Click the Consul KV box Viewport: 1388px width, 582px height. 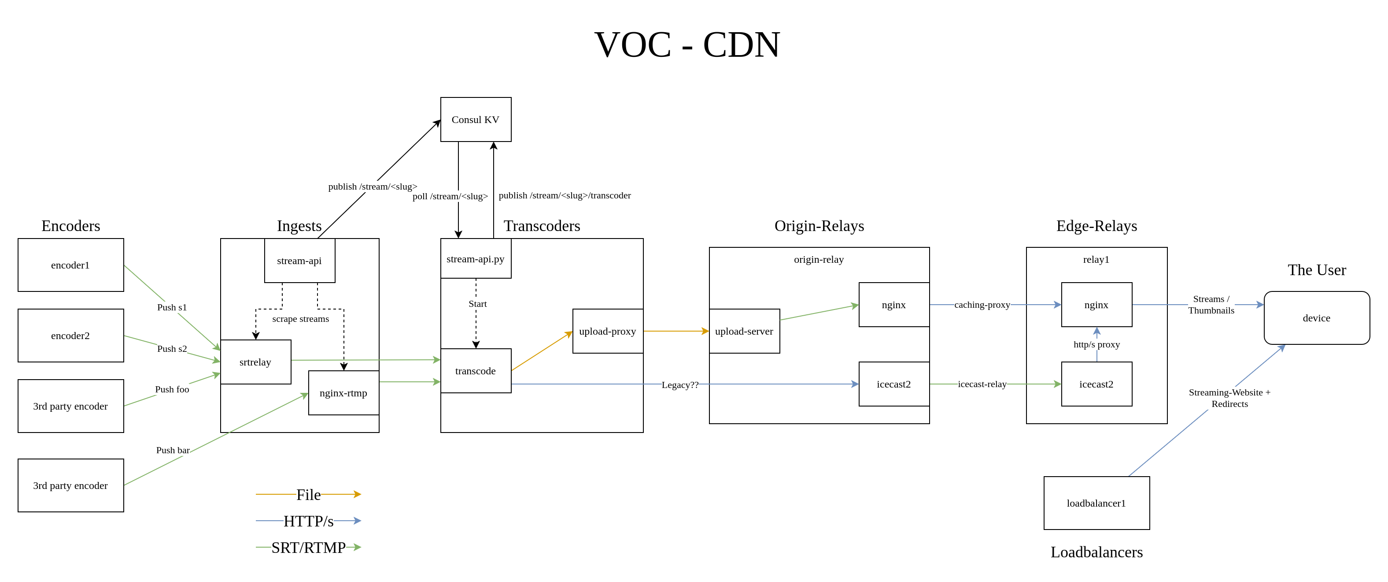[x=475, y=120]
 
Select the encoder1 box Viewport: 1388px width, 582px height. [x=70, y=265]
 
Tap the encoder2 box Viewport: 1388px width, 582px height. [x=70, y=336]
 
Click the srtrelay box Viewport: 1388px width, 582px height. [x=255, y=362]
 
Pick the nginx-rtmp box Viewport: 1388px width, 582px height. [x=343, y=393]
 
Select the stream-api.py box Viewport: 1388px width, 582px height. [x=475, y=259]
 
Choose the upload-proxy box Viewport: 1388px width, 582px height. [x=607, y=331]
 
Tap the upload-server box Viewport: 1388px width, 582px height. [x=744, y=331]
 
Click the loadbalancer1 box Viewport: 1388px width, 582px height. [x=1096, y=503]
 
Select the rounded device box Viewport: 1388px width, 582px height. [x=1316, y=318]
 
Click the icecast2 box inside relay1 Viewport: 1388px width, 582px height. [x=1096, y=384]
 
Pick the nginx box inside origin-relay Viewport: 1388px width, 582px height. [x=893, y=305]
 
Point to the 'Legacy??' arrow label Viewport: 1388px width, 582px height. [x=679, y=384]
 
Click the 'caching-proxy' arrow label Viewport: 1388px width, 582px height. [x=982, y=305]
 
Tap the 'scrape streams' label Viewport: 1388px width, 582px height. [x=300, y=319]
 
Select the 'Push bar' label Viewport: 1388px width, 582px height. [x=173, y=450]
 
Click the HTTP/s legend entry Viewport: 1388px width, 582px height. [x=308, y=521]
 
